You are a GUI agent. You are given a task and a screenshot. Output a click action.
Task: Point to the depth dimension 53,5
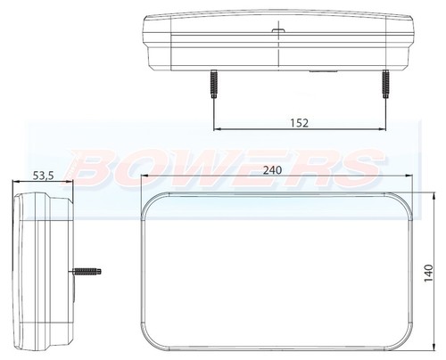(43, 176)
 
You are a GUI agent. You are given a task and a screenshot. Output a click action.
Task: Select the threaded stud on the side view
(90, 270)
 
